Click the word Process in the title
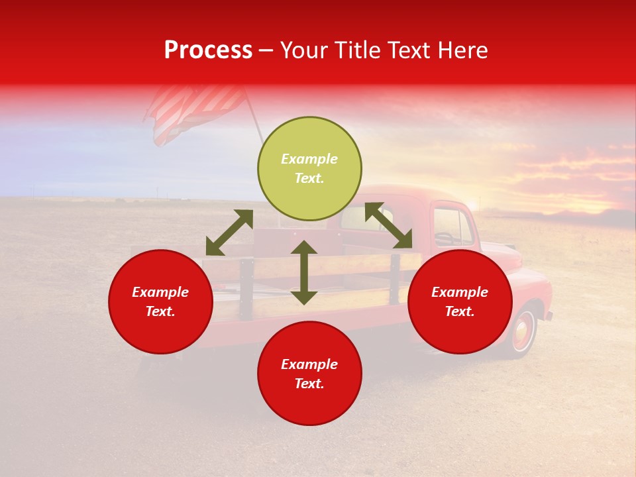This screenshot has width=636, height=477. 208,50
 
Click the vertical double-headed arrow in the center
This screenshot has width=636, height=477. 304,272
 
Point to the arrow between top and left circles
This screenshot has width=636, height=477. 229,233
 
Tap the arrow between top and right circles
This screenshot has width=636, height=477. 388,226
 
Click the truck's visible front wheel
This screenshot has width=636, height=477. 523,331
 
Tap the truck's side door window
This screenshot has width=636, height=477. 454,227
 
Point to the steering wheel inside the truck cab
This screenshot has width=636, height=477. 445,237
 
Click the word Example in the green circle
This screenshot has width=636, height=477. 309,159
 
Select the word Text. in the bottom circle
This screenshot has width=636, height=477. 309,384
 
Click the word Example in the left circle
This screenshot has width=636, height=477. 160,292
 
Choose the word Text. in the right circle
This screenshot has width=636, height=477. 460,311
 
